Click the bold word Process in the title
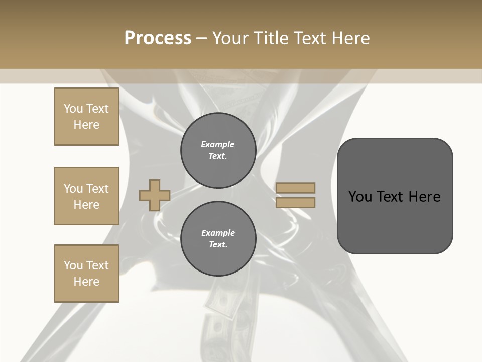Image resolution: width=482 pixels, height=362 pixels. (x=158, y=38)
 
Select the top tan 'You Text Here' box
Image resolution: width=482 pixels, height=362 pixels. (x=86, y=117)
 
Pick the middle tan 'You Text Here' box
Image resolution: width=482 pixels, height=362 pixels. (x=86, y=196)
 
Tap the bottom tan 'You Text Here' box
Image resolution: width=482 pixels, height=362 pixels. (x=86, y=274)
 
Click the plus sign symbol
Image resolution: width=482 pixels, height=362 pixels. (x=155, y=195)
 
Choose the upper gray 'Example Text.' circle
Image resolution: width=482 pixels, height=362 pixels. (x=218, y=150)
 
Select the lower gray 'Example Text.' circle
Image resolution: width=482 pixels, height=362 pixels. (x=218, y=239)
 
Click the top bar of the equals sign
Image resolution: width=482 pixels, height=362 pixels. (x=295, y=188)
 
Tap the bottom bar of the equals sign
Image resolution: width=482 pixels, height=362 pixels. (x=295, y=202)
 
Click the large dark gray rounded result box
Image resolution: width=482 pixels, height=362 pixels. (x=395, y=196)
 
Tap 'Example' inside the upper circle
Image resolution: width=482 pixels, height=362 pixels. (x=218, y=144)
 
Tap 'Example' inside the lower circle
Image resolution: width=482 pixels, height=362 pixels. (x=218, y=233)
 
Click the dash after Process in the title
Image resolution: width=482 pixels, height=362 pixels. (x=202, y=38)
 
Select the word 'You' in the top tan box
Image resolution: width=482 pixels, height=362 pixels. (x=73, y=109)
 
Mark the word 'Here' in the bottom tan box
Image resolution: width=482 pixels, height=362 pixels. (x=86, y=282)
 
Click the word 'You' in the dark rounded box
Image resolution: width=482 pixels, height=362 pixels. (x=360, y=197)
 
